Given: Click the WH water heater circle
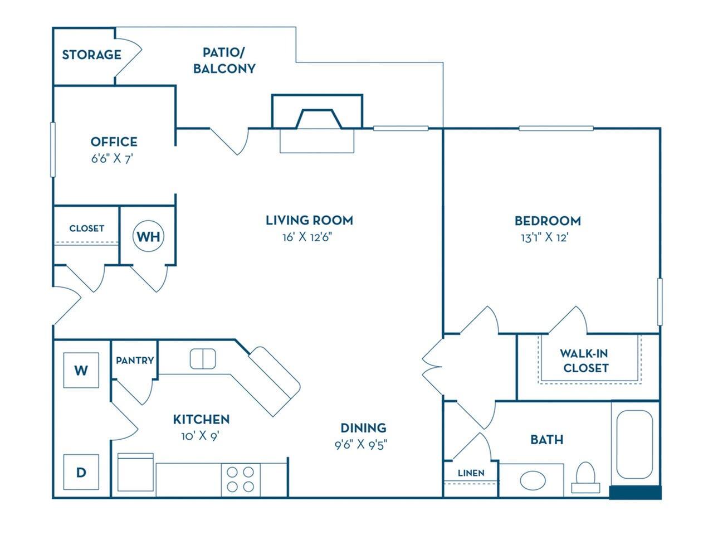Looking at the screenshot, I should pyautogui.click(x=148, y=236).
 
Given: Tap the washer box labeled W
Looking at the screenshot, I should pyautogui.click(x=81, y=370).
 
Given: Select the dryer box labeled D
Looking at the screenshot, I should pyautogui.click(x=81, y=473).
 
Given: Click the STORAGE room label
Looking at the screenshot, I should pyautogui.click(x=91, y=55).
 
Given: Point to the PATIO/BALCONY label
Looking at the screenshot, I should pyautogui.click(x=224, y=61).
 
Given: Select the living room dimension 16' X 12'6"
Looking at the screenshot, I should pyautogui.click(x=309, y=237).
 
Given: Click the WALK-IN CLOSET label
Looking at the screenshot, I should pyautogui.click(x=584, y=361).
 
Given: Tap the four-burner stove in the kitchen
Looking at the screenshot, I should pyautogui.click(x=241, y=480).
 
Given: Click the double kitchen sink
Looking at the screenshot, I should pyautogui.click(x=203, y=358).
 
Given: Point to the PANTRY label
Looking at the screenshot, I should pyautogui.click(x=135, y=361).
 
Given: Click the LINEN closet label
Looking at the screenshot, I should pyautogui.click(x=471, y=473).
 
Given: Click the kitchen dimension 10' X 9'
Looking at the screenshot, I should pyautogui.click(x=201, y=436).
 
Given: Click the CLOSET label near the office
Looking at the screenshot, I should pyautogui.click(x=86, y=228).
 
